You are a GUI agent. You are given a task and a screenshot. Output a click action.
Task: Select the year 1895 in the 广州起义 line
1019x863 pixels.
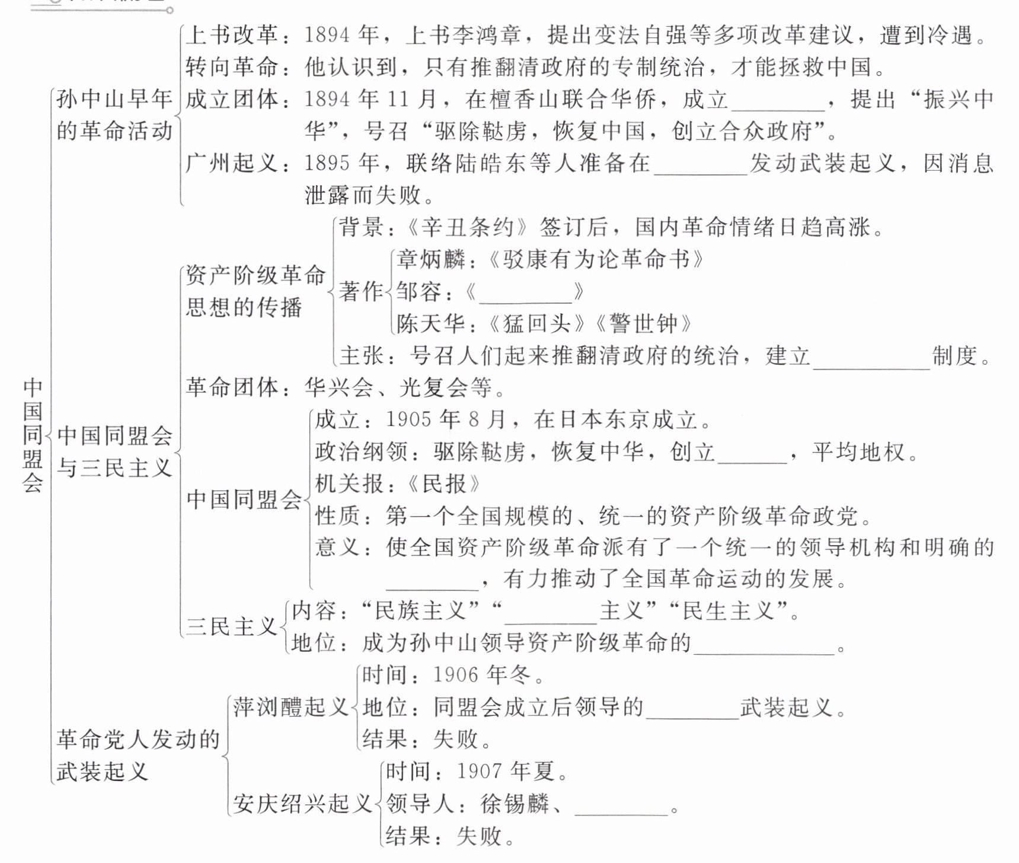[326, 163]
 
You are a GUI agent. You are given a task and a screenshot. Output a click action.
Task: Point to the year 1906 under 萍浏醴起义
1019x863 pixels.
[455, 675]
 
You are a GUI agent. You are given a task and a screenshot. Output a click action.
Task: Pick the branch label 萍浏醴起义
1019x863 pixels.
[290, 708]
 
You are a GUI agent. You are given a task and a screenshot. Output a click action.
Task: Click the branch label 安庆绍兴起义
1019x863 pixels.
[302, 804]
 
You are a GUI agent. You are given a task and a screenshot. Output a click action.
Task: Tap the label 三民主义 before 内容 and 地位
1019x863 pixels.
[232, 627]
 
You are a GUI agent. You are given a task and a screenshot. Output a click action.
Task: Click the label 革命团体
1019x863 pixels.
[232, 388]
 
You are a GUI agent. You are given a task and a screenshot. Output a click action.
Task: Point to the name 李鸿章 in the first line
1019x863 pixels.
[485, 36]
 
